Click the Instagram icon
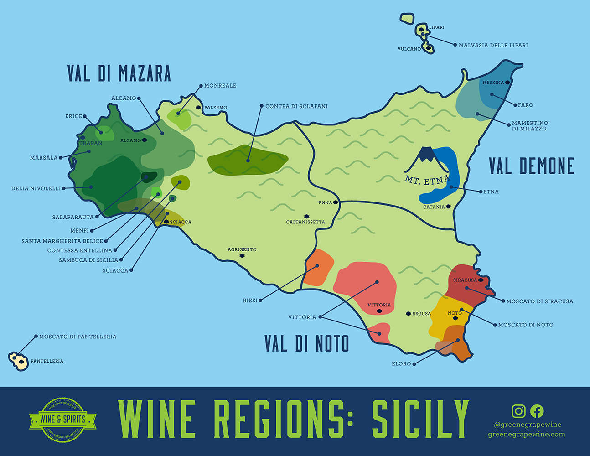click(x=518, y=411)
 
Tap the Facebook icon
click(x=537, y=411)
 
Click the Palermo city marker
click(x=198, y=108)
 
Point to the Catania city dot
click(x=448, y=207)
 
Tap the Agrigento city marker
click(x=242, y=256)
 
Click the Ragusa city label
click(x=421, y=314)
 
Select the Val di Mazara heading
click(x=119, y=73)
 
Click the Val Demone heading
click(x=531, y=166)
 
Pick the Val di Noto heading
click(x=307, y=343)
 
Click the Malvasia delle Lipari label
click(x=493, y=45)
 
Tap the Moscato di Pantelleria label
click(x=78, y=337)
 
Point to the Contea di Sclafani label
click(x=296, y=106)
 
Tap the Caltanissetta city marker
click(x=306, y=216)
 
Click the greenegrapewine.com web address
click(x=526, y=434)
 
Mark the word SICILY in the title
click(x=420, y=419)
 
